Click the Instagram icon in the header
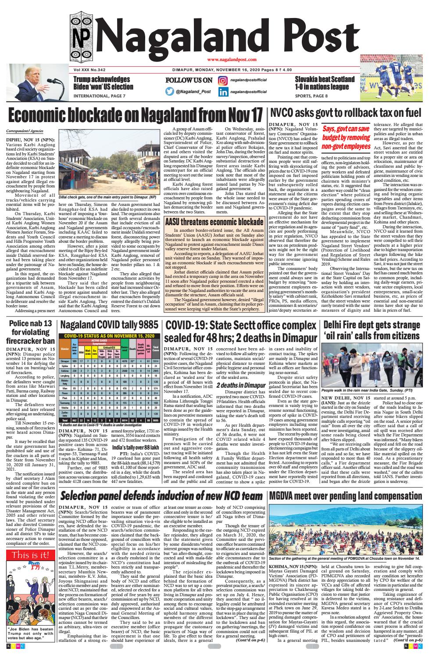(x=223, y=80)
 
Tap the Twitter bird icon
(x=170, y=92)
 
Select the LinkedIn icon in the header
(x=223, y=92)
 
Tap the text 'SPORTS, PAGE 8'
(x=311, y=95)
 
